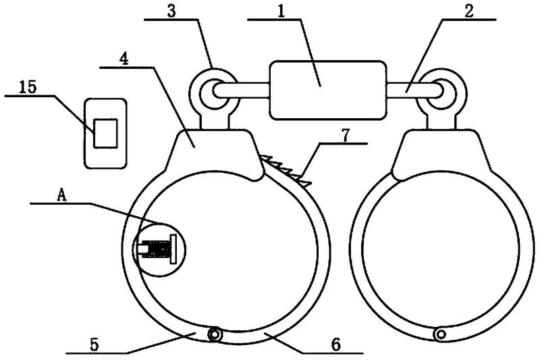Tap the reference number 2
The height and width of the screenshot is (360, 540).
468,11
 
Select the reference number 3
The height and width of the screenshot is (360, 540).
171,11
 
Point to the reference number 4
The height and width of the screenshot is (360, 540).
124,59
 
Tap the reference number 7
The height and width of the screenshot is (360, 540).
346,134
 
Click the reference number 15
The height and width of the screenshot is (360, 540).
28,87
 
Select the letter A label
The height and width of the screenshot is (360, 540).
61,196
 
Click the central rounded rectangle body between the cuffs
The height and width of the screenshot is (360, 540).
327,91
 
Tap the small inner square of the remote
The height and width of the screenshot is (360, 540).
106,133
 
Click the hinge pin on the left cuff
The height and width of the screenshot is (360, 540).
214,334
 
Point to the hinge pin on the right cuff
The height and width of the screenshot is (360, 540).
441,334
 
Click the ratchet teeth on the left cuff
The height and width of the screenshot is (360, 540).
286,170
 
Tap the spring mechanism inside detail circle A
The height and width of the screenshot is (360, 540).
157,249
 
